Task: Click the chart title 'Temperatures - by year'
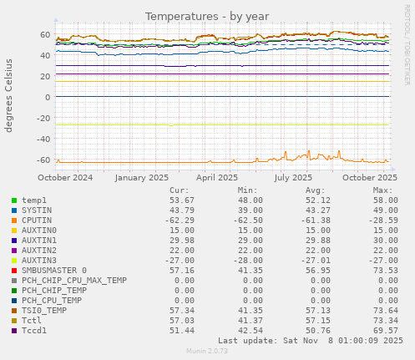pyautogui.click(x=207, y=17)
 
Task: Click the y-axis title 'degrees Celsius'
pyautogui.click(x=10, y=94)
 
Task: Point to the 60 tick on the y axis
pyautogui.click(x=45, y=34)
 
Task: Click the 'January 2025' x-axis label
pyautogui.click(x=141, y=177)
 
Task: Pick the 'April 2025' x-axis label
pyautogui.click(x=217, y=177)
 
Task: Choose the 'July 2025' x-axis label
pyautogui.click(x=293, y=177)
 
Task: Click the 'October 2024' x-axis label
pyautogui.click(x=66, y=177)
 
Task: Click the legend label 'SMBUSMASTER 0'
pyautogui.click(x=53, y=271)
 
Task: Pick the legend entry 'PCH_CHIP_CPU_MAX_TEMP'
pyautogui.click(x=73, y=281)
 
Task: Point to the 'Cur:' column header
pyautogui.click(x=183, y=190)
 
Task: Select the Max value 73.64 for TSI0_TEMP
pyautogui.click(x=383, y=311)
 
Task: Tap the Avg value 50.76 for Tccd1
pyautogui.click(x=315, y=331)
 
